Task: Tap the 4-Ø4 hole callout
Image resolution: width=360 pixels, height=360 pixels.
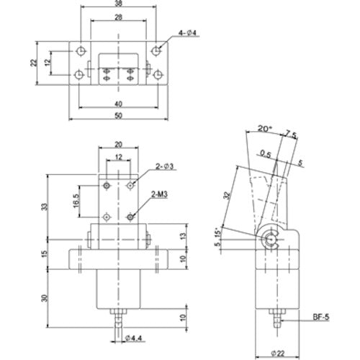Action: tap(186, 33)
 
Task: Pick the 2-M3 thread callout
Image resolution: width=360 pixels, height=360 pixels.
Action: tap(160, 194)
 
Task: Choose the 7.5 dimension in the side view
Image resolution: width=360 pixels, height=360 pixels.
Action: tap(291, 134)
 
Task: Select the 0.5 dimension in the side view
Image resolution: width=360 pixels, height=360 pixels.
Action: tap(267, 153)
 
